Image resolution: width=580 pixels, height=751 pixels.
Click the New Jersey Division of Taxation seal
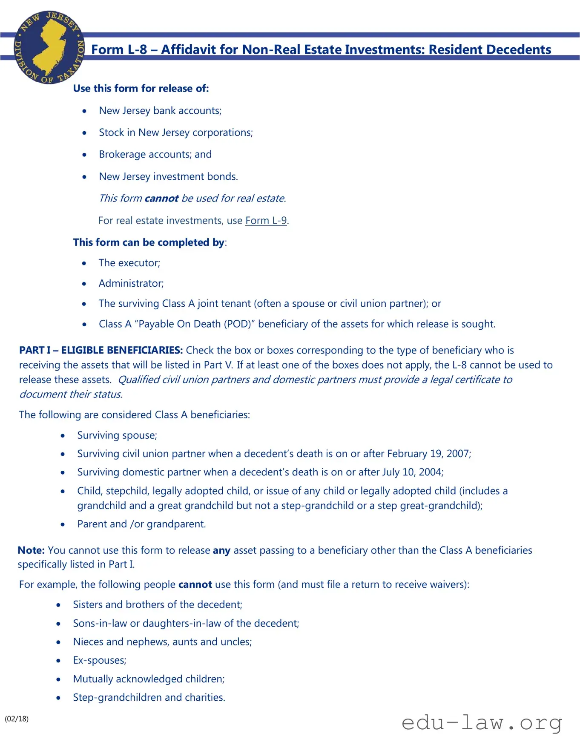[x=49, y=47]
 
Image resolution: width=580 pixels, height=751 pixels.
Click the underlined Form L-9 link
[x=266, y=221]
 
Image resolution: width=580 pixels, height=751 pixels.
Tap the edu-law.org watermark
[x=482, y=722]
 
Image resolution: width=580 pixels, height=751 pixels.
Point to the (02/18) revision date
[x=17, y=719]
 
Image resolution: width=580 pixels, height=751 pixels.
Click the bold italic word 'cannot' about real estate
[x=161, y=199]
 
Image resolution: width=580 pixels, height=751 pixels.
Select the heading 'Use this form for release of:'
[x=141, y=89]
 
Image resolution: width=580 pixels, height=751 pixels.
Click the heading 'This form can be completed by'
[x=149, y=242]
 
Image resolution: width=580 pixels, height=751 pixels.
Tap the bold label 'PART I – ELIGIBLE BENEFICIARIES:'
[x=101, y=350]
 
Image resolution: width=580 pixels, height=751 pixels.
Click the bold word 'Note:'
[x=31, y=550]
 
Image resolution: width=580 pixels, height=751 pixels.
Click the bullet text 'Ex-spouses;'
[x=100, y=660]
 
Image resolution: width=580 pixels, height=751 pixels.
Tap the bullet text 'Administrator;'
[x=131, y=283]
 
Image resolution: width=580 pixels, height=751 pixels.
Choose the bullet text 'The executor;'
[x=129, y=263]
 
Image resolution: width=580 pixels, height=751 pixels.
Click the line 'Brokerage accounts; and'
[x=155, y=154]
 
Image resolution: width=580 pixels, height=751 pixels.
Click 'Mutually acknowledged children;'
[x=149, y=679]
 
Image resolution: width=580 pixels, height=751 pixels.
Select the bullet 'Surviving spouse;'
[x=117, y=435]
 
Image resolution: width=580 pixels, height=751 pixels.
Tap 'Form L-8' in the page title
[x=119, y=50]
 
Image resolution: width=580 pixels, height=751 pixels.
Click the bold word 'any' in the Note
[x=221, y=550]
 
